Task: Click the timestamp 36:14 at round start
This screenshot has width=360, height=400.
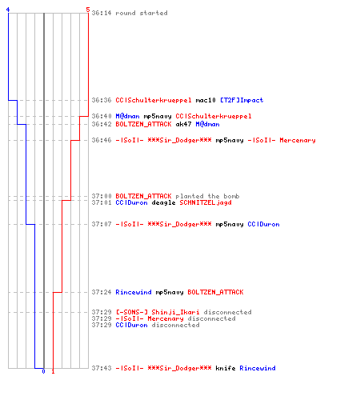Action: click(102, 13)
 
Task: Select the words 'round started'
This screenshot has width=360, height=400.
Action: click(142, 13)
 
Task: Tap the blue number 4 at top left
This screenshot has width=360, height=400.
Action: click(8, 10)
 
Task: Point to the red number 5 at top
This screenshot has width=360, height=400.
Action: click(88, 10)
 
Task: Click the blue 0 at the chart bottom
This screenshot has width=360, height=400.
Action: click(43, 371)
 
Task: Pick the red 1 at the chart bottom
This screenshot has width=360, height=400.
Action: click(53, 371)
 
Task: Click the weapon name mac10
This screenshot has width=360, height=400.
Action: click(206, 100)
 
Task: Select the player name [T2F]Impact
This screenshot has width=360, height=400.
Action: click(242, 100)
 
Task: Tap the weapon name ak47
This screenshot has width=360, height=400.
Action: click(183, 124)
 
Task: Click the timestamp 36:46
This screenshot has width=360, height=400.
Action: click(102, 140)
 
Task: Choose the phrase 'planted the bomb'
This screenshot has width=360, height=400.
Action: click(207, 196)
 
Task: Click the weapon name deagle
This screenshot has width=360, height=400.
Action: click(163, 202)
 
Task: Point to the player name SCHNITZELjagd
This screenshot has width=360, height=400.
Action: click(206, 202)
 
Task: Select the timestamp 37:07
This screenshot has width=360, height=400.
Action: click(102, 224)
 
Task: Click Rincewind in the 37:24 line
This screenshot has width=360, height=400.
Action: click(134, 292)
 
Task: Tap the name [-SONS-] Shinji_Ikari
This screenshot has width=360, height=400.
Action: click(158, 312)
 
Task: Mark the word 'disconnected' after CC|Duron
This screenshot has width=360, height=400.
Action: click(175, 325)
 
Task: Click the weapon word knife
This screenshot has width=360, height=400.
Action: click(226, 368)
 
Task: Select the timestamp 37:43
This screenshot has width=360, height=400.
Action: click(102, 368)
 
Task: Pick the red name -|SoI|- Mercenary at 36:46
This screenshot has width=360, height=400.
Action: click(282, 140)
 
